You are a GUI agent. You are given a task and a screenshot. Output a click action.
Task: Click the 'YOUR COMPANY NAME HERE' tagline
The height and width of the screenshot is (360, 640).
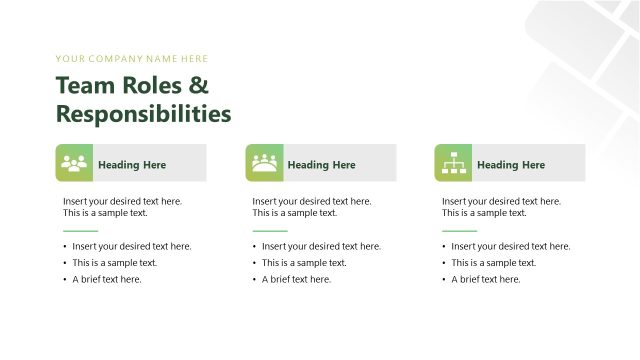pos(132,59)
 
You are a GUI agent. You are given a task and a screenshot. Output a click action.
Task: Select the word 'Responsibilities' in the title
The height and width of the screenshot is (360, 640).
pos(143,113)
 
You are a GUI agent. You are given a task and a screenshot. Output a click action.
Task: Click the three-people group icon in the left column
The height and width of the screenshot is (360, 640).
pos(74,163)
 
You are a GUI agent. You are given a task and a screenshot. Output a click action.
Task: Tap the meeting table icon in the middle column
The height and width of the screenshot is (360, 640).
pos(264,163)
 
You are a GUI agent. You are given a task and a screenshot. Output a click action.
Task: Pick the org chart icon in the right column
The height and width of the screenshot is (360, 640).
pos(453,163)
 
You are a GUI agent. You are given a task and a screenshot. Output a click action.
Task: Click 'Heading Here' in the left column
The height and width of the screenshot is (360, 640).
pos(132,165)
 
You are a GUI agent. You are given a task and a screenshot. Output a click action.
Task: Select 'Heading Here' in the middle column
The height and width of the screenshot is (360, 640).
pos(321,165)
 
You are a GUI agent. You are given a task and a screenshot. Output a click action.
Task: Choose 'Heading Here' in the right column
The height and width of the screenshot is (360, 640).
pos(511,165)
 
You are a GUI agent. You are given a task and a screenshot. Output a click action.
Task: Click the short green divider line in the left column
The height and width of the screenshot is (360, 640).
pos(81,231)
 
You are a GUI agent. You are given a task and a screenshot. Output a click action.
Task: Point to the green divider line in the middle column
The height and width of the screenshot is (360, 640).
pos(270,231)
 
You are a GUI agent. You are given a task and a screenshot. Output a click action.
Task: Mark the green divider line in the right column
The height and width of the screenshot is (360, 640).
pos(460,231)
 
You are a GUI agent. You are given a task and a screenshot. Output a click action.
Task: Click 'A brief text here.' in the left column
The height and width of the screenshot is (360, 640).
pos(107,279)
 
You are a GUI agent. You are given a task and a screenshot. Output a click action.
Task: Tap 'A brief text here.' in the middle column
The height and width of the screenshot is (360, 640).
pos(296,279)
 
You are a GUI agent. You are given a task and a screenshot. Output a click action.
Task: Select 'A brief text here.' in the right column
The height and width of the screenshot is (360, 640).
pos(486,279)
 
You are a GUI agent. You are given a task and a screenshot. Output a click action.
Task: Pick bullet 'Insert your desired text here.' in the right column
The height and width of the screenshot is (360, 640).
pos(511,246)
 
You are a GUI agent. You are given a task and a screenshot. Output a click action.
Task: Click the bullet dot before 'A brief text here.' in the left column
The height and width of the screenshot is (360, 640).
pos(65,279)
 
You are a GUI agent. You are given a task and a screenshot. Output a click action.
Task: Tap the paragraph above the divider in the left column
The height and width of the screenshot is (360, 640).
pos(122,207)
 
